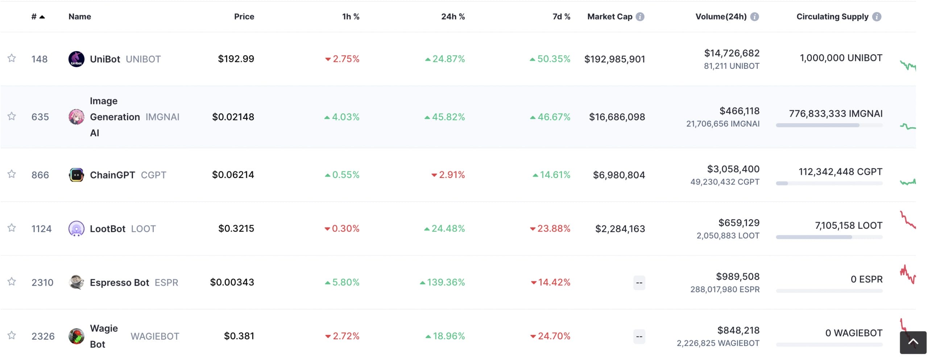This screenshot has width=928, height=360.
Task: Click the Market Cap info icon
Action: pos(640,17)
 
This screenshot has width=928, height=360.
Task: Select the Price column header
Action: pos(244,17)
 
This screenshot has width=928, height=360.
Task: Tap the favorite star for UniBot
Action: pos(12,58)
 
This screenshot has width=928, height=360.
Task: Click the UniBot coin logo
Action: pos(76,59)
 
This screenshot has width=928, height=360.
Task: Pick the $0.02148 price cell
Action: pos(233,117)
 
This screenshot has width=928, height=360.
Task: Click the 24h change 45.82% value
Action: pos(448,117)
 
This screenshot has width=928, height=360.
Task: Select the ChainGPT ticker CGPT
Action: pos(153,175)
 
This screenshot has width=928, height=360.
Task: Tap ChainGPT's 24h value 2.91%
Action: pos(451,175)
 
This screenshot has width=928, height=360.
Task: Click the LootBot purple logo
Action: pos(76,229)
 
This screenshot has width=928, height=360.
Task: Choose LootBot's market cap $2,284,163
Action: pos(620,229)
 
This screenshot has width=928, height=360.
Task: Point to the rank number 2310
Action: pos(42,282)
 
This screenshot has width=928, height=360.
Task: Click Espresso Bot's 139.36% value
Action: pos(446,282)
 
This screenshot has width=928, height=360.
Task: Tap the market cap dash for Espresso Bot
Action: pos(639,283)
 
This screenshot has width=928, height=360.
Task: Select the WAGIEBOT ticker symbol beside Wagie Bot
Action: pos(155,336)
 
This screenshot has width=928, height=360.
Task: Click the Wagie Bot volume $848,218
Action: pos(738,330)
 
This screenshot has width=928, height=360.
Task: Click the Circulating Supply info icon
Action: pos(877,17)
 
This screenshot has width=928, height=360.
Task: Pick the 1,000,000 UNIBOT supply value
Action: pos(841,58)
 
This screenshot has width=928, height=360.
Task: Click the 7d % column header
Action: pos(561,17)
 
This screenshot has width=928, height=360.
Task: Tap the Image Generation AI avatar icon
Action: pos(76,117)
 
